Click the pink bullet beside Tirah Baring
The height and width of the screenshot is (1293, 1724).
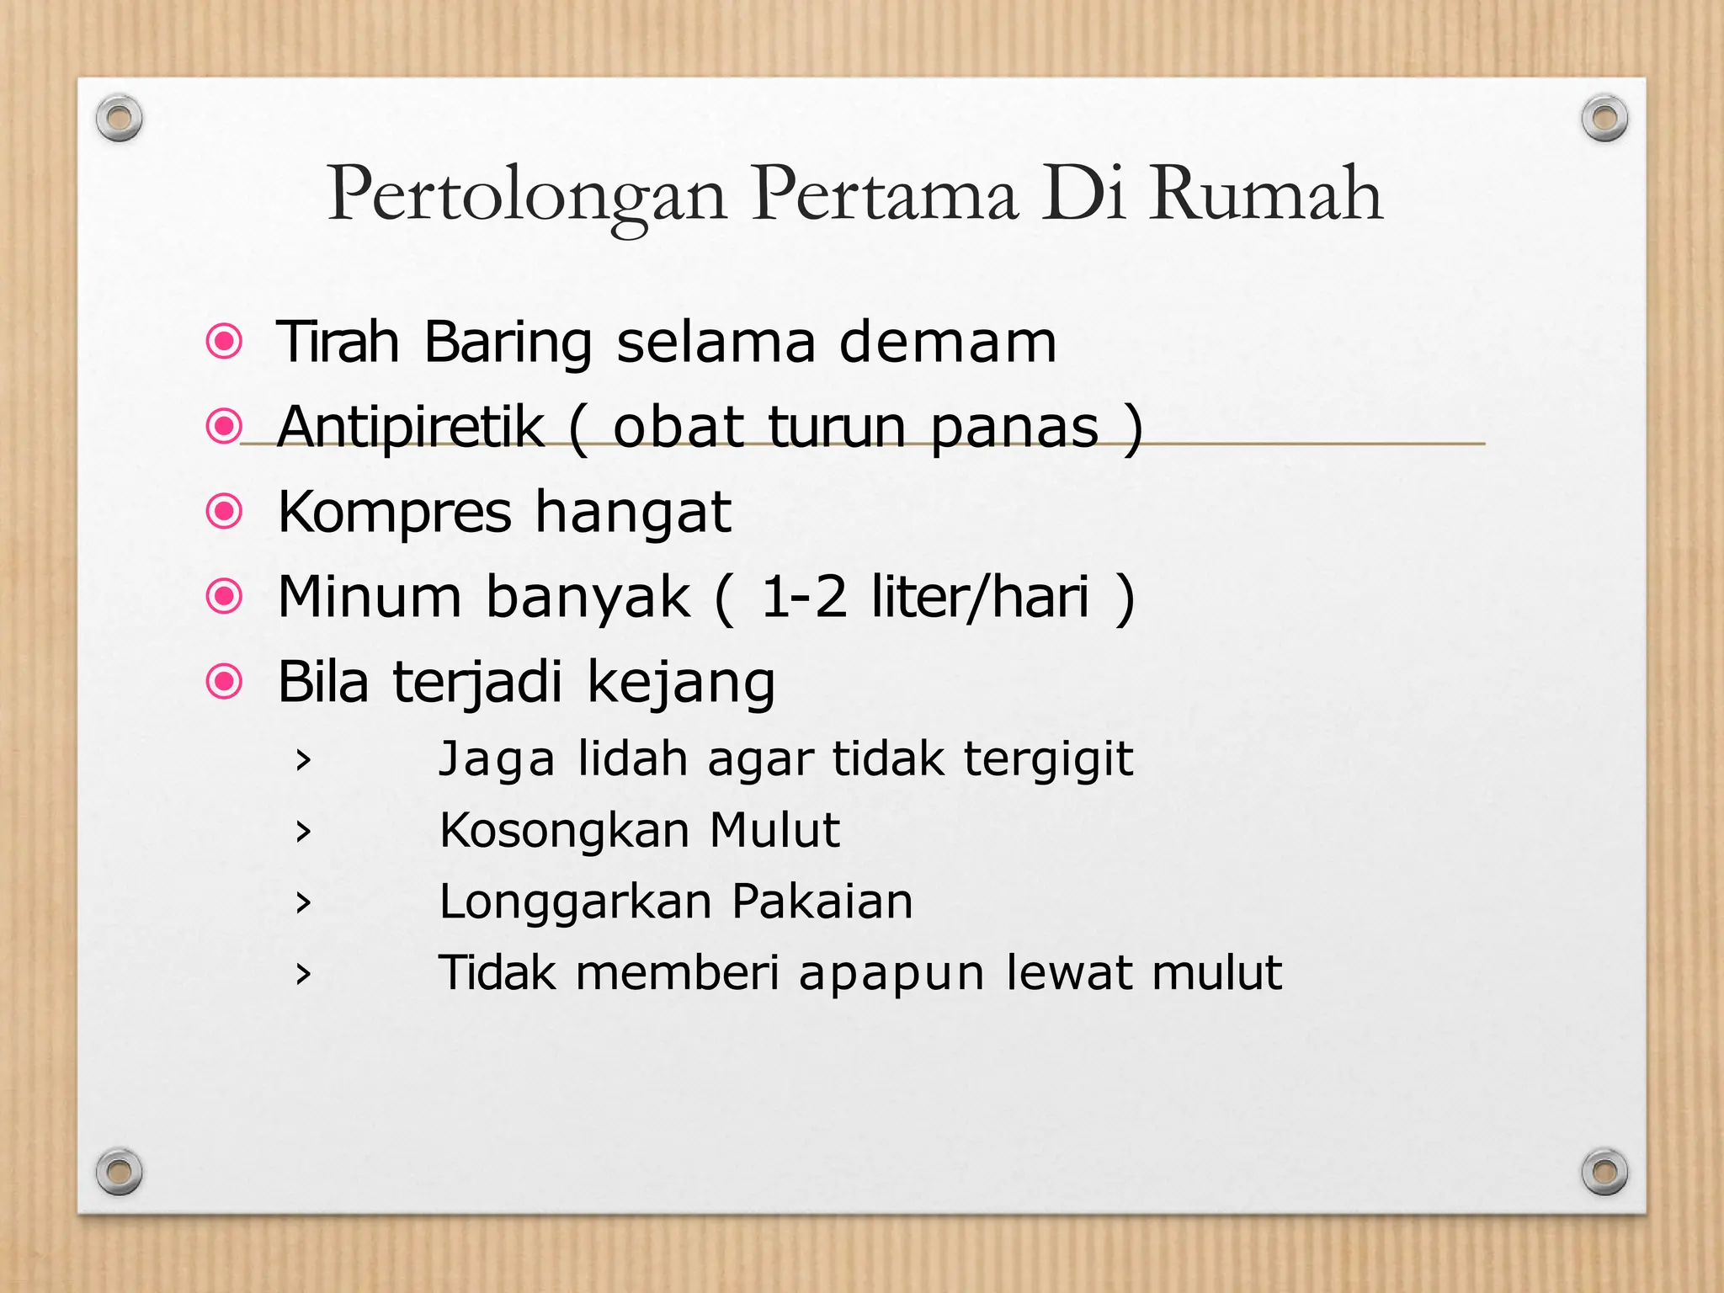(225, 342)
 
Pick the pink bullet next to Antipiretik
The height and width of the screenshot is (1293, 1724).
(225, 426)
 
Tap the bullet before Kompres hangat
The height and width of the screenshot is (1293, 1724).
(225, 511)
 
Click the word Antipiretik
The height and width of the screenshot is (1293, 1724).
(411, 426)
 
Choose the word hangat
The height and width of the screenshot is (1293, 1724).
(633, 513)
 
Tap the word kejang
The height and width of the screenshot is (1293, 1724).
(680, 684)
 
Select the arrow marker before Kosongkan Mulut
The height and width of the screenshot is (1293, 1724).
(303, 832)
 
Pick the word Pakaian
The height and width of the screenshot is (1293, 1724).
(822, 902)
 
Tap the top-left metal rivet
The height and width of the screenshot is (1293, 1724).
(119, 118)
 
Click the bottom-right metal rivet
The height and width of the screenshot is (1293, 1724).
(1604, 1171)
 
